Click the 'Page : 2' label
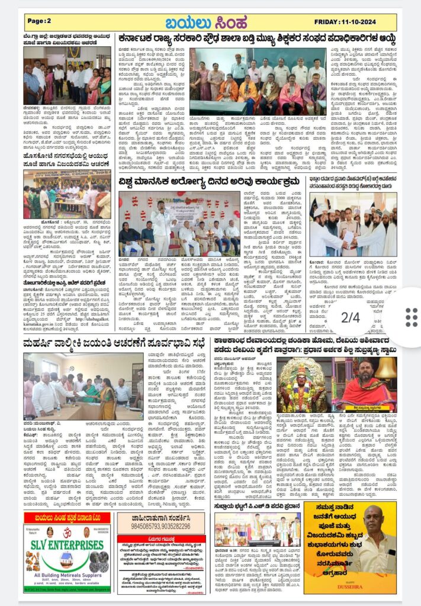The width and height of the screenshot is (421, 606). (40, 21)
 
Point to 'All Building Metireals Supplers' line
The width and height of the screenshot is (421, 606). (66, 575)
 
